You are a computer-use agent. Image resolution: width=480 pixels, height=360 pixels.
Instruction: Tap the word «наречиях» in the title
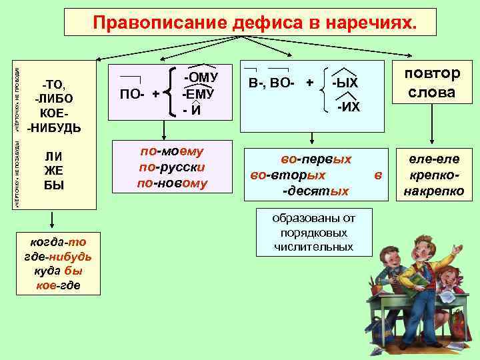tap(371, 23)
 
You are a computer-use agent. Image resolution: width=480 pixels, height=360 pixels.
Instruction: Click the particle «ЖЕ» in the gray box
tap(53, 171)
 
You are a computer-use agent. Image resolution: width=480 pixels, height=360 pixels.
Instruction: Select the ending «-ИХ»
tap(348, 106)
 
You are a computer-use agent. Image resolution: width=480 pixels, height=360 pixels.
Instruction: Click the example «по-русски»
tap(172, 167)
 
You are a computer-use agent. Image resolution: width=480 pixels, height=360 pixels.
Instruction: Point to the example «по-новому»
tap(172, 183)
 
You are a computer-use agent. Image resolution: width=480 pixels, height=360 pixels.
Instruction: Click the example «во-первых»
tap(316, 160)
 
